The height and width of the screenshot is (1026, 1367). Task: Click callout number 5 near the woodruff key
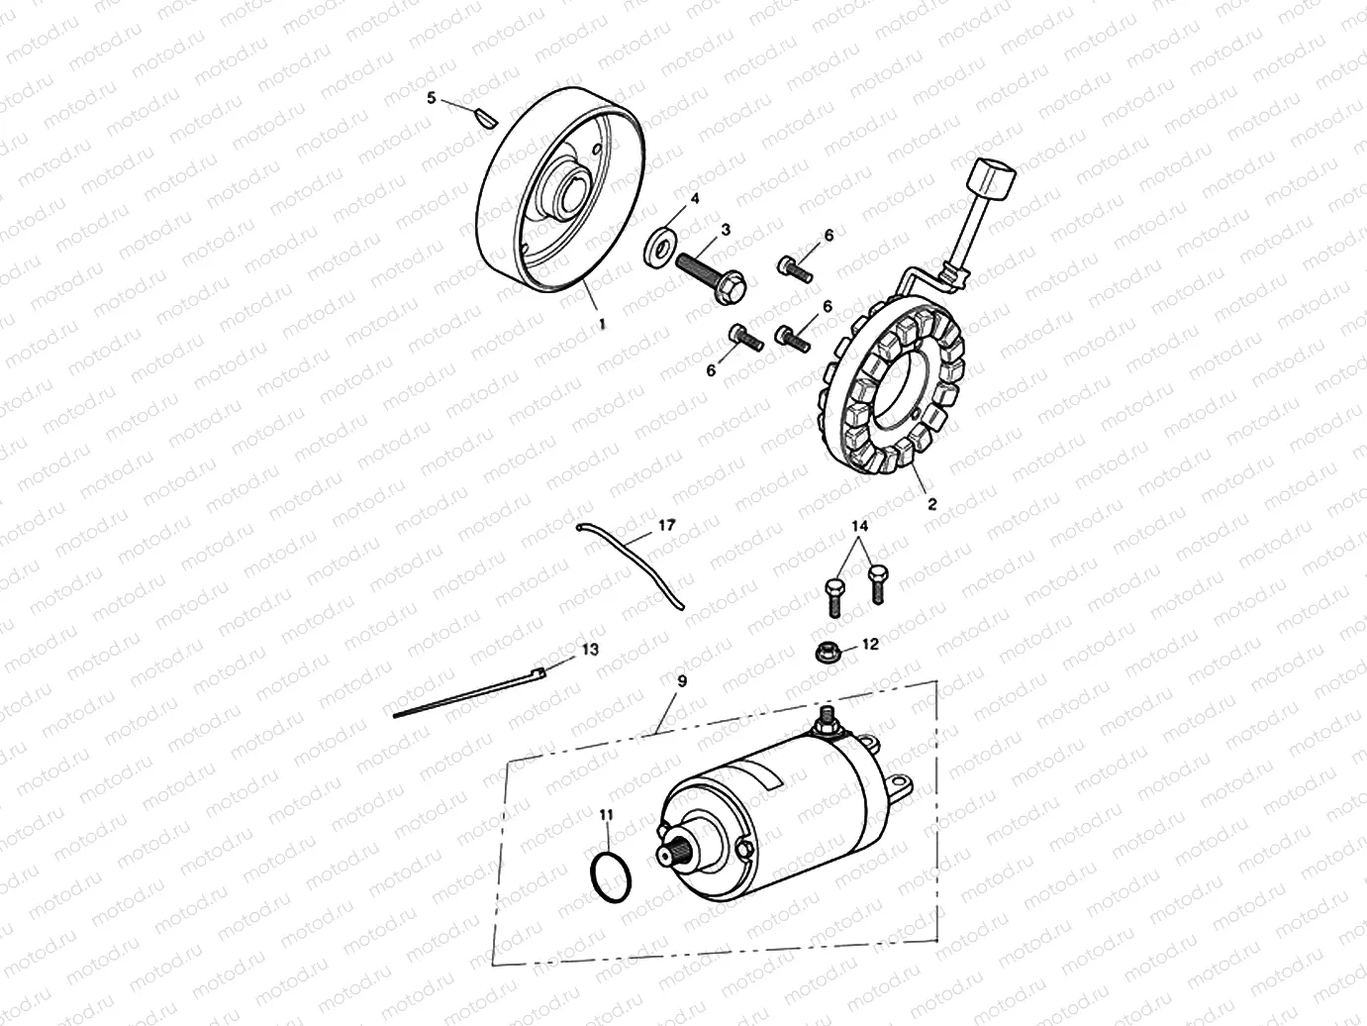pyautogui.click(x=431, y=98)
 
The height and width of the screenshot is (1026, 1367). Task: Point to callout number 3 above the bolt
pyautogui.click(x=726, y=229)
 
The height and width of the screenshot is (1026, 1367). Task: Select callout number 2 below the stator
pyautogui.click(x=931, y=503)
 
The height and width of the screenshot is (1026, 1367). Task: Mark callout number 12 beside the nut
pyautogui.click(x=870, y=644)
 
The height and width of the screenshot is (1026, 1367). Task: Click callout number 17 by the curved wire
pyautogui.click(x=666, y=525)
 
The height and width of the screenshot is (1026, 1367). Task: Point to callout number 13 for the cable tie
pyautogui.click(x=590, y=650)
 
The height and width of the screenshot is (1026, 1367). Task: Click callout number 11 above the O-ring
pyautogui.click(x=606, y=814)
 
